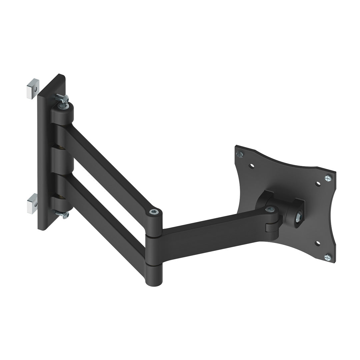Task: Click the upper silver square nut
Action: point(33,88)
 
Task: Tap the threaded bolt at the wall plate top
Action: point(61,98)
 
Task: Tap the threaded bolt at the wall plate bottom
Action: point(62,214)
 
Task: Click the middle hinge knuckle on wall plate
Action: point(62,160)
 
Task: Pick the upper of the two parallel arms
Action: point(107,167)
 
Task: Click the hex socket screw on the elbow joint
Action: point(153,212)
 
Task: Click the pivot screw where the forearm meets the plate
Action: point(270,209)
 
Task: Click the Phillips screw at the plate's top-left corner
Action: point(239,154)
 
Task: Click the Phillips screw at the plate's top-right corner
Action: point(328,178)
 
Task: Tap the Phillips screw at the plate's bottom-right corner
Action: point(327,257)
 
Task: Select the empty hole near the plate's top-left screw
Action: point(252,165)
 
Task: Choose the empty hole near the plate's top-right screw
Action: point(318,183)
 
